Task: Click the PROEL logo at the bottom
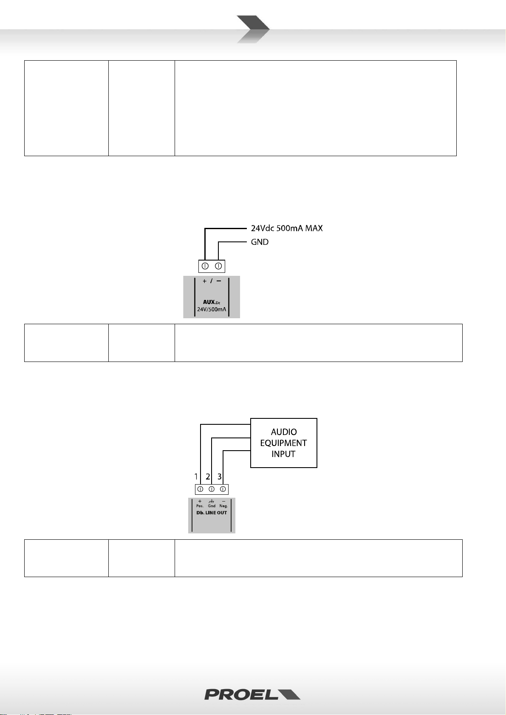252,694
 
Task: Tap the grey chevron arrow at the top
252,29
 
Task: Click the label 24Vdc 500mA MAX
286,228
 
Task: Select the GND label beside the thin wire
260,242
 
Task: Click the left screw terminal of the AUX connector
205,266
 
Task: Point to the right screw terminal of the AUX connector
218,266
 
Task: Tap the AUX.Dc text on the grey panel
211,302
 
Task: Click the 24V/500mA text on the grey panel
211,309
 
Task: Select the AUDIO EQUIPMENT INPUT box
283,443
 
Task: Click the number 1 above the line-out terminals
196,477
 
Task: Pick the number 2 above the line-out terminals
208,477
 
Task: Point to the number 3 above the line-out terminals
219,477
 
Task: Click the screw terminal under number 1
200,489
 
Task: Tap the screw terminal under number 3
223,489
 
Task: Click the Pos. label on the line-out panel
200,506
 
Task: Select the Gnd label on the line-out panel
212,506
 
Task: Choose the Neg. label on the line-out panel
223,506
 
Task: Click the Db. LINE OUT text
212,513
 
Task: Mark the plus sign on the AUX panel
204,281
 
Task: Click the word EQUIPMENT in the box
283,443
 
